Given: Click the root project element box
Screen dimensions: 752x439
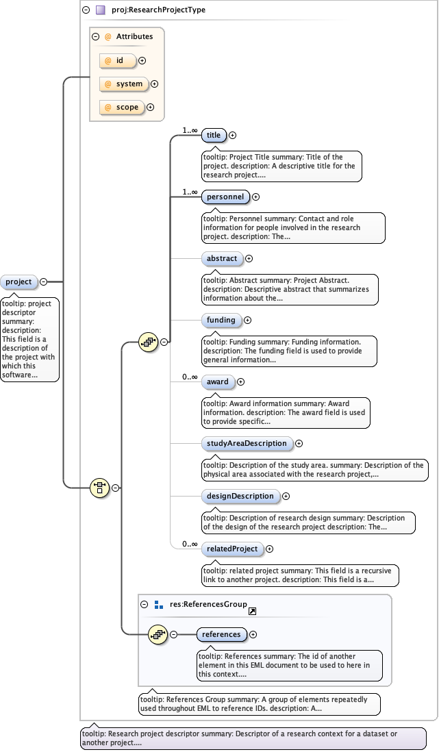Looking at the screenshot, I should click(x=19, y=281).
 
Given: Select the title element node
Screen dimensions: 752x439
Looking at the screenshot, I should click(x=214, y=136).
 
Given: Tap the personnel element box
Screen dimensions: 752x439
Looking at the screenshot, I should click(x=225, y=197).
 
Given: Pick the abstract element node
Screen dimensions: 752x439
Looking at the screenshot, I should click(x=222, y=259).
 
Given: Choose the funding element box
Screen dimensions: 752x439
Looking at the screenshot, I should click(x=221, y=320).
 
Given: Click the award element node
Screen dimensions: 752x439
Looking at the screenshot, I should click(x=218, y=381).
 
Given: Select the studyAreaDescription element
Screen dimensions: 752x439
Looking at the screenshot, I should click(x=247, y=444).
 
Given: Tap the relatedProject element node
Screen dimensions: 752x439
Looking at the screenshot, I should click(x=232, y=549).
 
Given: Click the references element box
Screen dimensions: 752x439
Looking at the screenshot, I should click(x=221, y=634).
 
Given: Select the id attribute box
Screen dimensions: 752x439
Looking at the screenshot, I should click(x=118, y=61).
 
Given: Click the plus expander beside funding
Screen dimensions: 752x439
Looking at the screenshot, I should click(x=248, y=320).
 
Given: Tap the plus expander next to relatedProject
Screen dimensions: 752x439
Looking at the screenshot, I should click(x=269, y=549).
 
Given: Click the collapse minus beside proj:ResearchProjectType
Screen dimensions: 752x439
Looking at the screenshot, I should click(x=86, y=10).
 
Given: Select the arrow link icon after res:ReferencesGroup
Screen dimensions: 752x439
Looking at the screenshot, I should click(x=252, y=611).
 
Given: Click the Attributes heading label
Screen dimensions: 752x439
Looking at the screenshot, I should click(x=134, y=36).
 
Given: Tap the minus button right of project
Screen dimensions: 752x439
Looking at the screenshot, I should click(x=44, y=281).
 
